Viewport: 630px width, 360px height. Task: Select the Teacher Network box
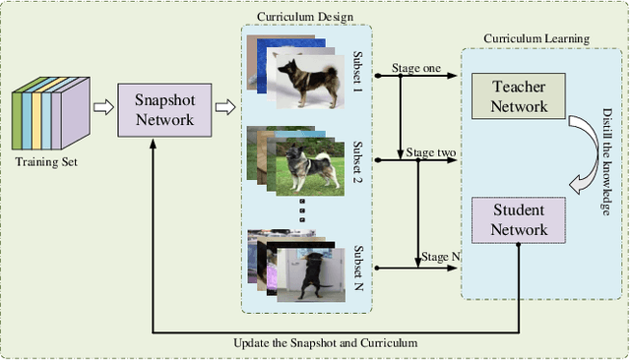[519, 96]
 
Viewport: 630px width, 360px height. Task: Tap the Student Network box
[519, 220]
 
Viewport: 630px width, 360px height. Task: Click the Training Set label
[46, 162]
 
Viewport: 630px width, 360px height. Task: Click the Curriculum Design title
[305, 17]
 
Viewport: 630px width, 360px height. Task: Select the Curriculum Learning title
[535, 38]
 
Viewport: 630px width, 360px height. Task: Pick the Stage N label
[440, 258]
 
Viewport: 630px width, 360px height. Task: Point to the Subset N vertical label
[356, 261]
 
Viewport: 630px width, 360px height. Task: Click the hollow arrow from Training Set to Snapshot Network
[102, 107]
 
